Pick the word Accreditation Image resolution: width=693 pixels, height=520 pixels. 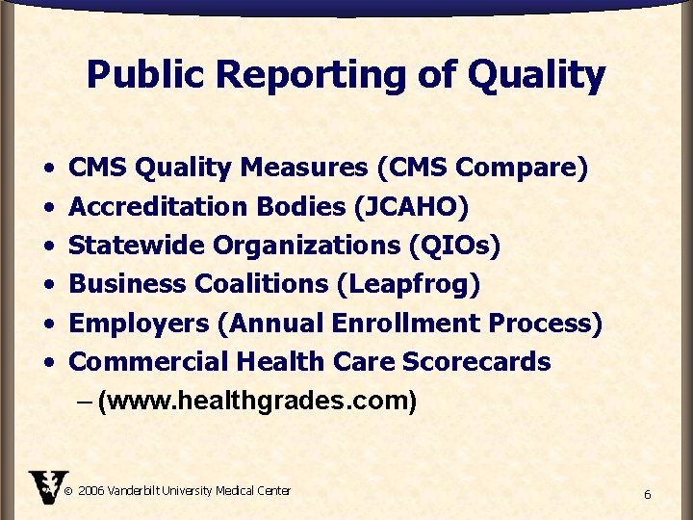point(159,207)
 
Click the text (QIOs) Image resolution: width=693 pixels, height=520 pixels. point(454,246)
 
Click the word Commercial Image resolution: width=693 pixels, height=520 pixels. point(143,362)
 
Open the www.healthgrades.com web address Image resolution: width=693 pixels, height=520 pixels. point(257,401)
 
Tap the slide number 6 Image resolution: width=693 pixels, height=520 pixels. point(647,494)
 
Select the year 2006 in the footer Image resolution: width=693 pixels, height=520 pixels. point(90,491)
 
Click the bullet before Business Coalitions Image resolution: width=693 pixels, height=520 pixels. point(48,285)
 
